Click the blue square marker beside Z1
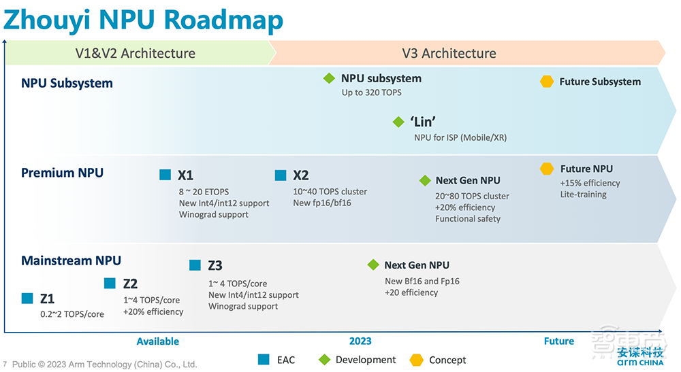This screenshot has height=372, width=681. (x=27, y=298)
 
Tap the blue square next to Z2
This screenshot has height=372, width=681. (x=110, y=283)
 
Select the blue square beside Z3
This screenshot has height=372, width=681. (x=195, y=265)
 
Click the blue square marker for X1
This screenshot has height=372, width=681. (x=165, y=175)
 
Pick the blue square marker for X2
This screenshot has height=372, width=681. (x=281, y=175)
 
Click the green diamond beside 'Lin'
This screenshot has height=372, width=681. (x=398, y=122)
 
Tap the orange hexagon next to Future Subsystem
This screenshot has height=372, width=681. (x=546, y=82)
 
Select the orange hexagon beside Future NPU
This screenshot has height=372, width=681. (x=546, y=169)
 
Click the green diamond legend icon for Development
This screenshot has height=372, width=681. (x=324, y=359)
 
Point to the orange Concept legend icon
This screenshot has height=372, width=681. (x=416, y=359)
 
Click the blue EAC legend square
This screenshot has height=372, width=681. (x=264, y=359)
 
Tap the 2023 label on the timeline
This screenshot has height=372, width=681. (x=360, y=341)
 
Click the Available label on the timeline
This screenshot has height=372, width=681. (x=157, y=341)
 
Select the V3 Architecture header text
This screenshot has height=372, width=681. (x=449, y=53)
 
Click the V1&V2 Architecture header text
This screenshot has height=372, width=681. (x=135, y=53)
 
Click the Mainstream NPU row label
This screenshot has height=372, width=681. (x=71, y=260)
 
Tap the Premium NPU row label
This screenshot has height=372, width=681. (x=62, y=173)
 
